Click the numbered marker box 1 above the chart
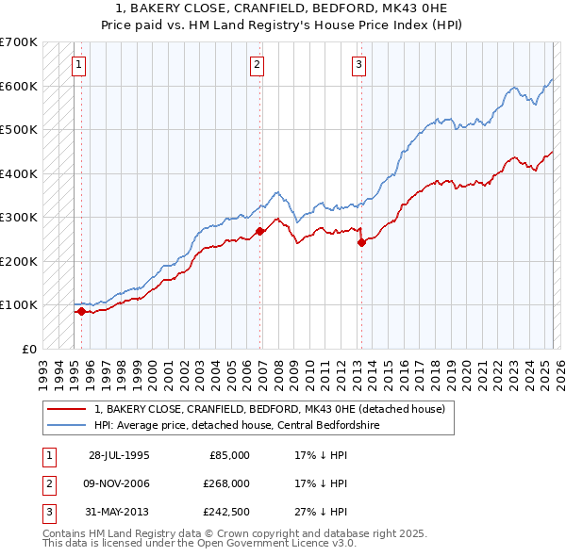[78, 65]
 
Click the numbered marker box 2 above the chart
[257, 65]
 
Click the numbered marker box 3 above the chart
[359, 65]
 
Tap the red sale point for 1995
[81, 311]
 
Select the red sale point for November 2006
[259, 231]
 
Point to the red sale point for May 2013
[361, 242]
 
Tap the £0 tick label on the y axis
[28, 349]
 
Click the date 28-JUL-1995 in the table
[119, 455]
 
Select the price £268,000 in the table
[226, 483]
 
